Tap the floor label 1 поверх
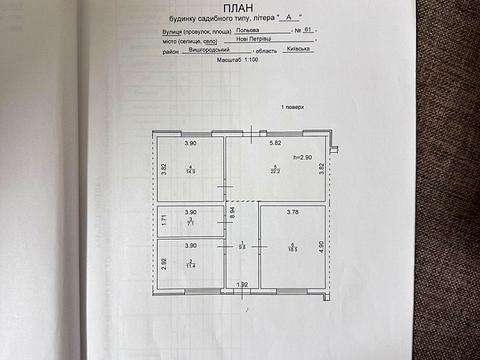[x=293, y=106]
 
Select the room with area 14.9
[x=189, y=169]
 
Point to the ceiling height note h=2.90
[x=301, y=158]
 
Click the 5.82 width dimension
[x=274, y=143]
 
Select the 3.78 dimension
[x=292, y=212]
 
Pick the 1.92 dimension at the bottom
[x=241, y=284]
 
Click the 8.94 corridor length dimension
[x=230, y=211]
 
